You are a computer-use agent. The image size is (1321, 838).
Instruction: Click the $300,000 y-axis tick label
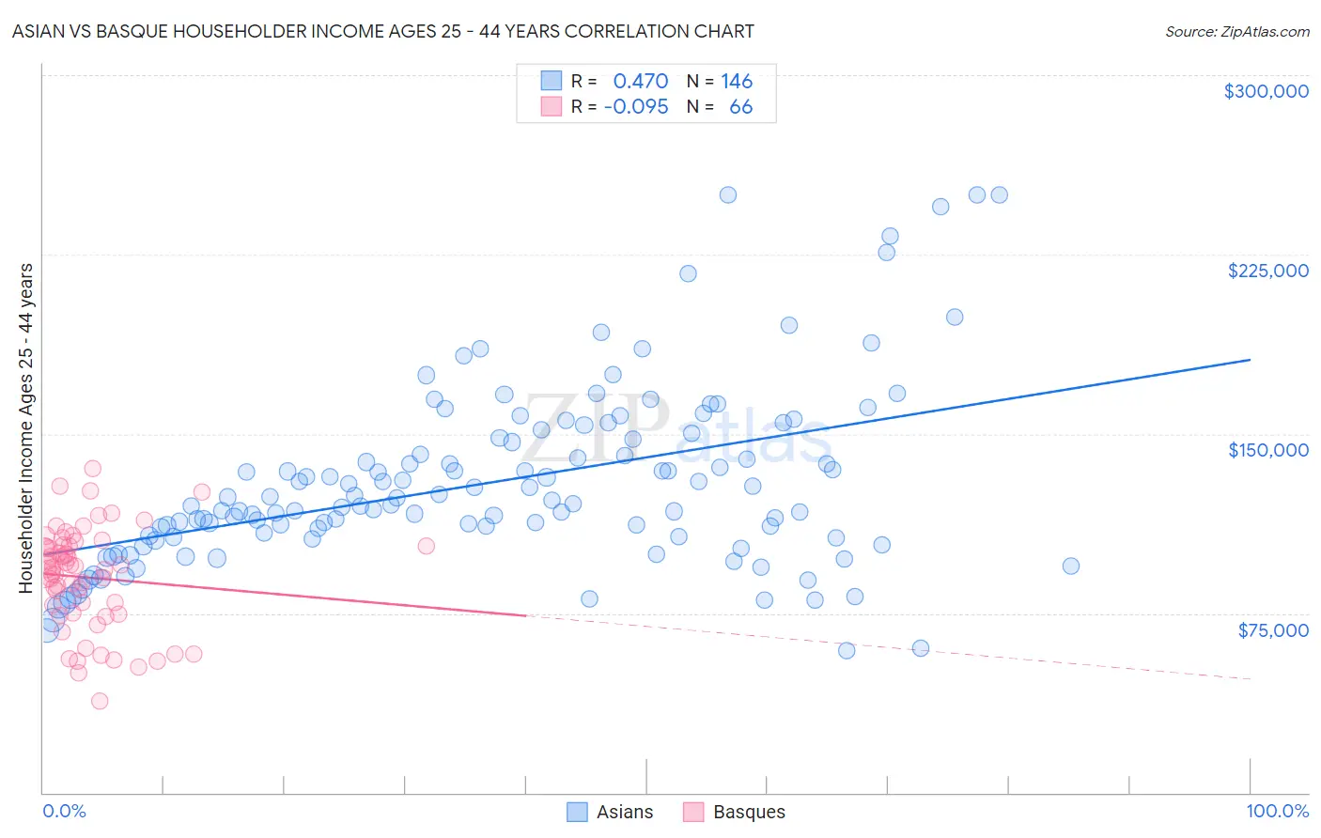(1266, 91)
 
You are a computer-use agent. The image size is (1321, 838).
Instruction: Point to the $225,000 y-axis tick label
(1267, 271)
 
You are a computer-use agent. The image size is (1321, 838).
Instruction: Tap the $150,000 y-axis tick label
(1267, 450)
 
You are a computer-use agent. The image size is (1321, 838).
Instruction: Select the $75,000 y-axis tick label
(1272, 630)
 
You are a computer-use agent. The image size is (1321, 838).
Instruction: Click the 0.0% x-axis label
(64, 812)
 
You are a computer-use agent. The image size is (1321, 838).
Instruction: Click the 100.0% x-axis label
(1277, 812)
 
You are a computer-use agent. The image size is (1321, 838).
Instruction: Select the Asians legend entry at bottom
(610, 812)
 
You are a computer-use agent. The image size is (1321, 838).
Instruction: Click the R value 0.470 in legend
(640, 82)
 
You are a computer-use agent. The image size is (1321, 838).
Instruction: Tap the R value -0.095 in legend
(636, 107)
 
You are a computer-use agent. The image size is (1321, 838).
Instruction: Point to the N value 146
(737, 82)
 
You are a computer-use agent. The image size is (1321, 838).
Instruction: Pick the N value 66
(740, 107)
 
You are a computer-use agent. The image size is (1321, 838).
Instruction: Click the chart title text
(382, 31)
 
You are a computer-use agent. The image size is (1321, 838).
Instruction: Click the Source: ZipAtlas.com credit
(1236, 31)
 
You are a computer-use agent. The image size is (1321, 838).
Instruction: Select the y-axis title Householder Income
(26, 428)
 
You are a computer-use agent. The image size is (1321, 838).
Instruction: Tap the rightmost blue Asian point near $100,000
(1070, 566)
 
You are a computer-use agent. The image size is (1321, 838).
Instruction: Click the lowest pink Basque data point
(99, 701)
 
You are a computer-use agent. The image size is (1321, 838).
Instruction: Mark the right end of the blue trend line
(1250, 360)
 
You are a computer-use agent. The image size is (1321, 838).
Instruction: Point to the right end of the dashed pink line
(1250, 678)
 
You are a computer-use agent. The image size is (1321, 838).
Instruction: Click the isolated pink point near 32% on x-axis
(426, 546)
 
